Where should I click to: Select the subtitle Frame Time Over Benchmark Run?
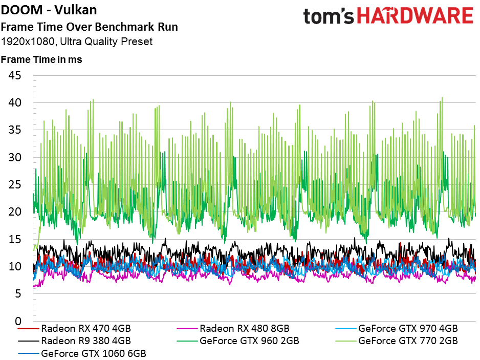[90, 27]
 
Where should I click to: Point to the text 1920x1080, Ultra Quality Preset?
[77, 41]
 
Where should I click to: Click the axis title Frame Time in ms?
[41, 59]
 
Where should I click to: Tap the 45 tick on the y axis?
[15, 76]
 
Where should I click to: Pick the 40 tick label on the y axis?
[15, 103]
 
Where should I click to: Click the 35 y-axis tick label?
[15, 130]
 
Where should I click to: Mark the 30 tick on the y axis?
[15, 157]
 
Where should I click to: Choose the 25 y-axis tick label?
[15, 184]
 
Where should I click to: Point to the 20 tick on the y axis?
[15, 212]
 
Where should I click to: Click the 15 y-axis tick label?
[15, 239]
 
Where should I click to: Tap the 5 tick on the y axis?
[18, 293]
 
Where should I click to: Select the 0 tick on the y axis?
[18, 321]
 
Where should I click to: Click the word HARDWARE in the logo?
[414, 16]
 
